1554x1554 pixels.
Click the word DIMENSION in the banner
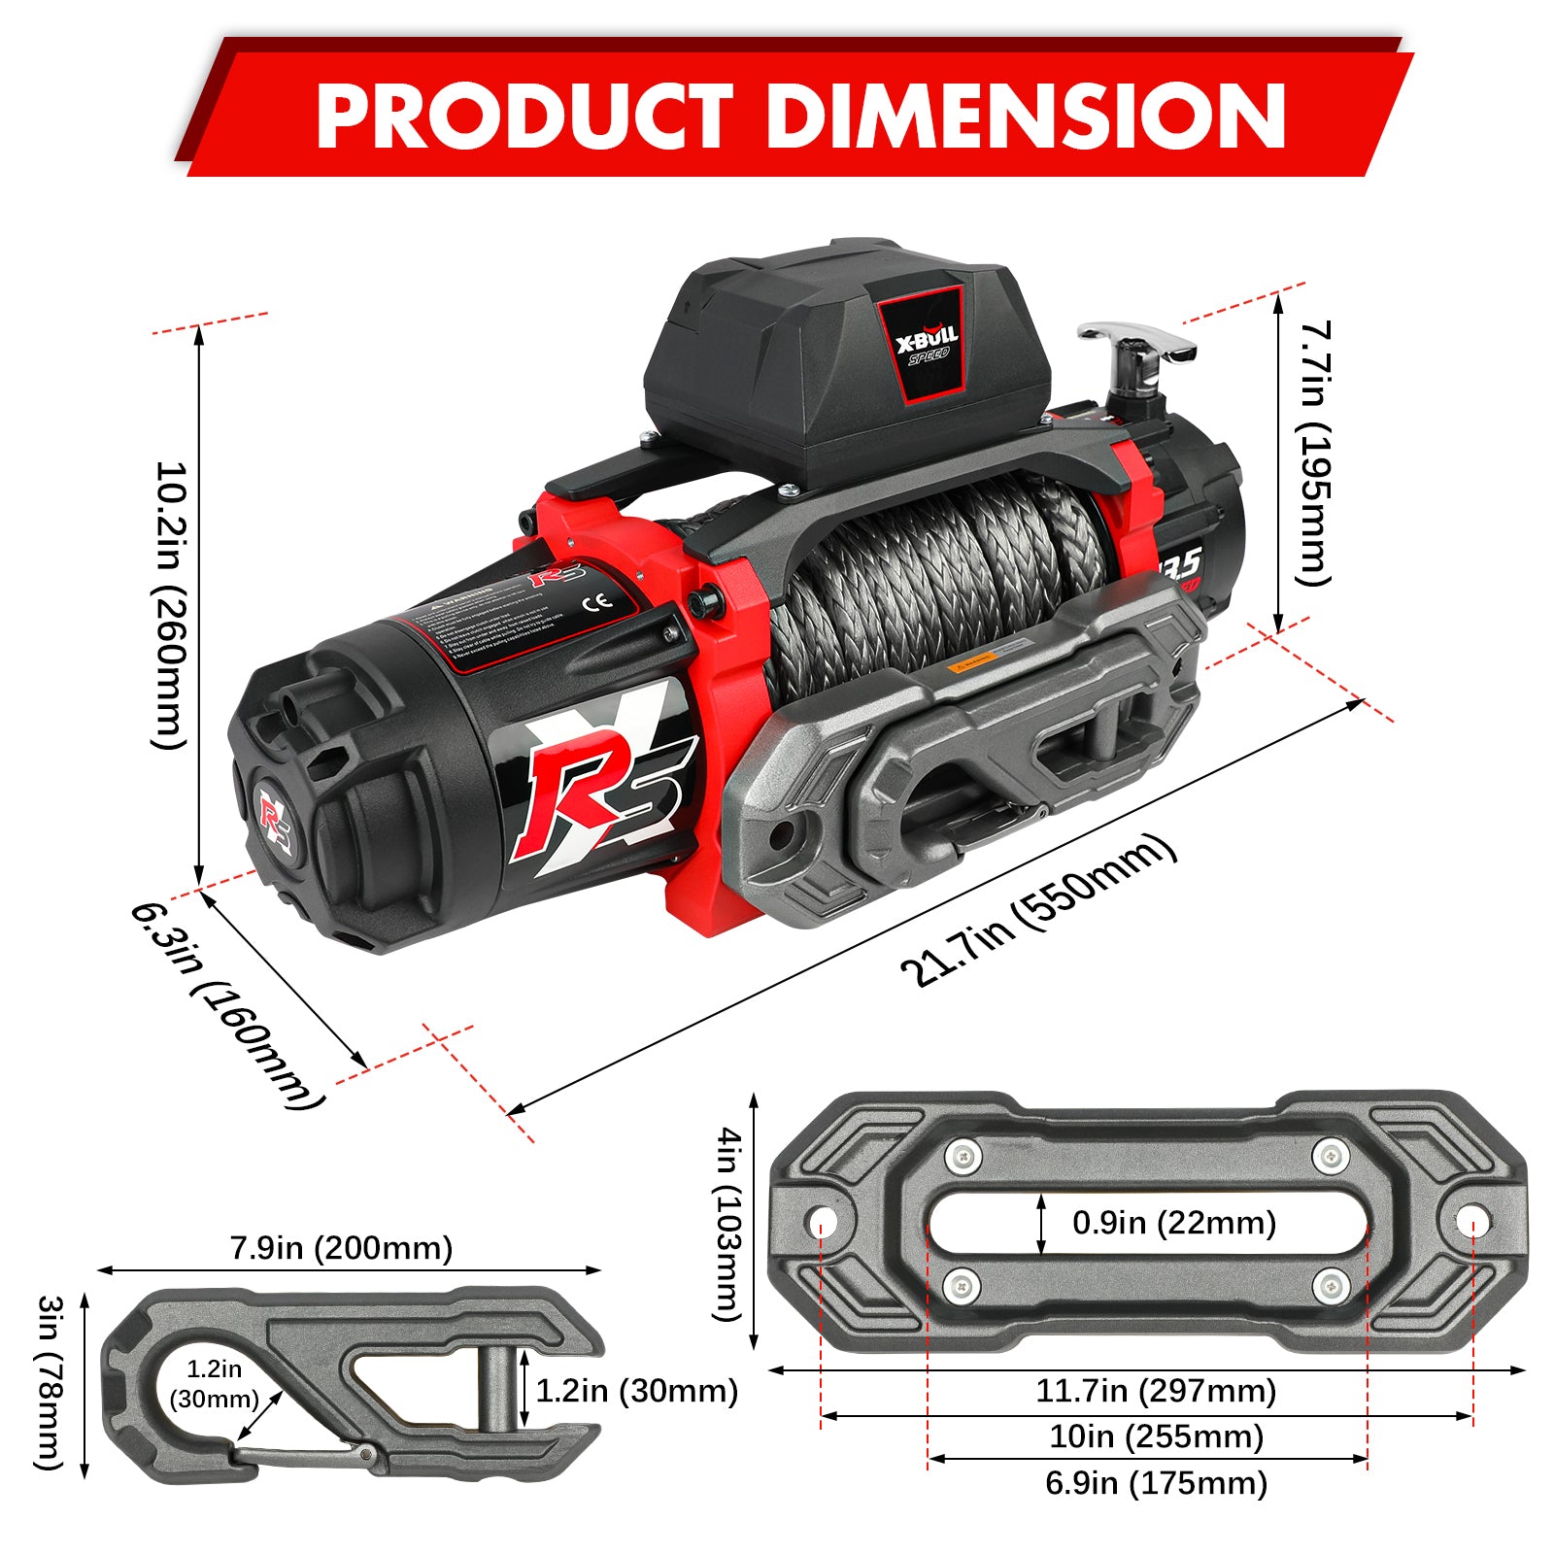1027,116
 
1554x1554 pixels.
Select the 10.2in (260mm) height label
169,604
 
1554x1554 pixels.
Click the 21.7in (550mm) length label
1038,910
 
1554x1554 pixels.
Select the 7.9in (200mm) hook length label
341,1248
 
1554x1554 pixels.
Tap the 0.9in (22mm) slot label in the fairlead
1173,1223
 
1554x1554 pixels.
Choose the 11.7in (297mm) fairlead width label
1155,1391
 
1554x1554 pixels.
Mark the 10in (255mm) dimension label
1155,1436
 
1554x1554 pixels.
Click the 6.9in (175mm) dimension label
1155,1483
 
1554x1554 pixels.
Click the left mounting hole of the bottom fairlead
822,1220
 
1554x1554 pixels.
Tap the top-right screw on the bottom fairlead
1330,1157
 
